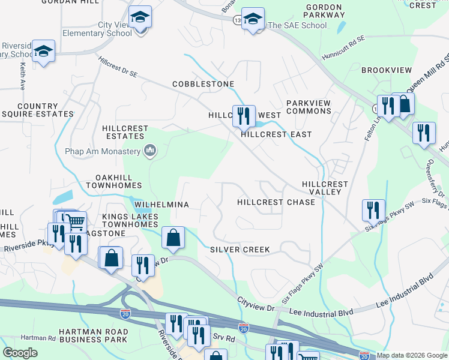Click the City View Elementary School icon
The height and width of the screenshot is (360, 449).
point(140,19)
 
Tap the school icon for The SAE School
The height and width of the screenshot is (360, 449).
point(253,19)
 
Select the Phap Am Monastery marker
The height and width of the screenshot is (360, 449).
point(151,151)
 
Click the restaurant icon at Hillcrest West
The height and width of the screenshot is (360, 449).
point(244,115)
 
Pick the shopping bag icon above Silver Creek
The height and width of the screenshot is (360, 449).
point(173,238)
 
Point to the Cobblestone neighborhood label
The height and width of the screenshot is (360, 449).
point(203,84)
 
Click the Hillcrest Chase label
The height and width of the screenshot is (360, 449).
point(276,202)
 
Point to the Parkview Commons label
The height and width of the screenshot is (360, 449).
point(308,107)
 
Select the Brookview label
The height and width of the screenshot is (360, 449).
point(387,70)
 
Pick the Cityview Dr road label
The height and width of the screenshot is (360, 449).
point(255,304)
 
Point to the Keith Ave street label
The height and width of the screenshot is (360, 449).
point(22,77)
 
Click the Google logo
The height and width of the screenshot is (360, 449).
point(20,353)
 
